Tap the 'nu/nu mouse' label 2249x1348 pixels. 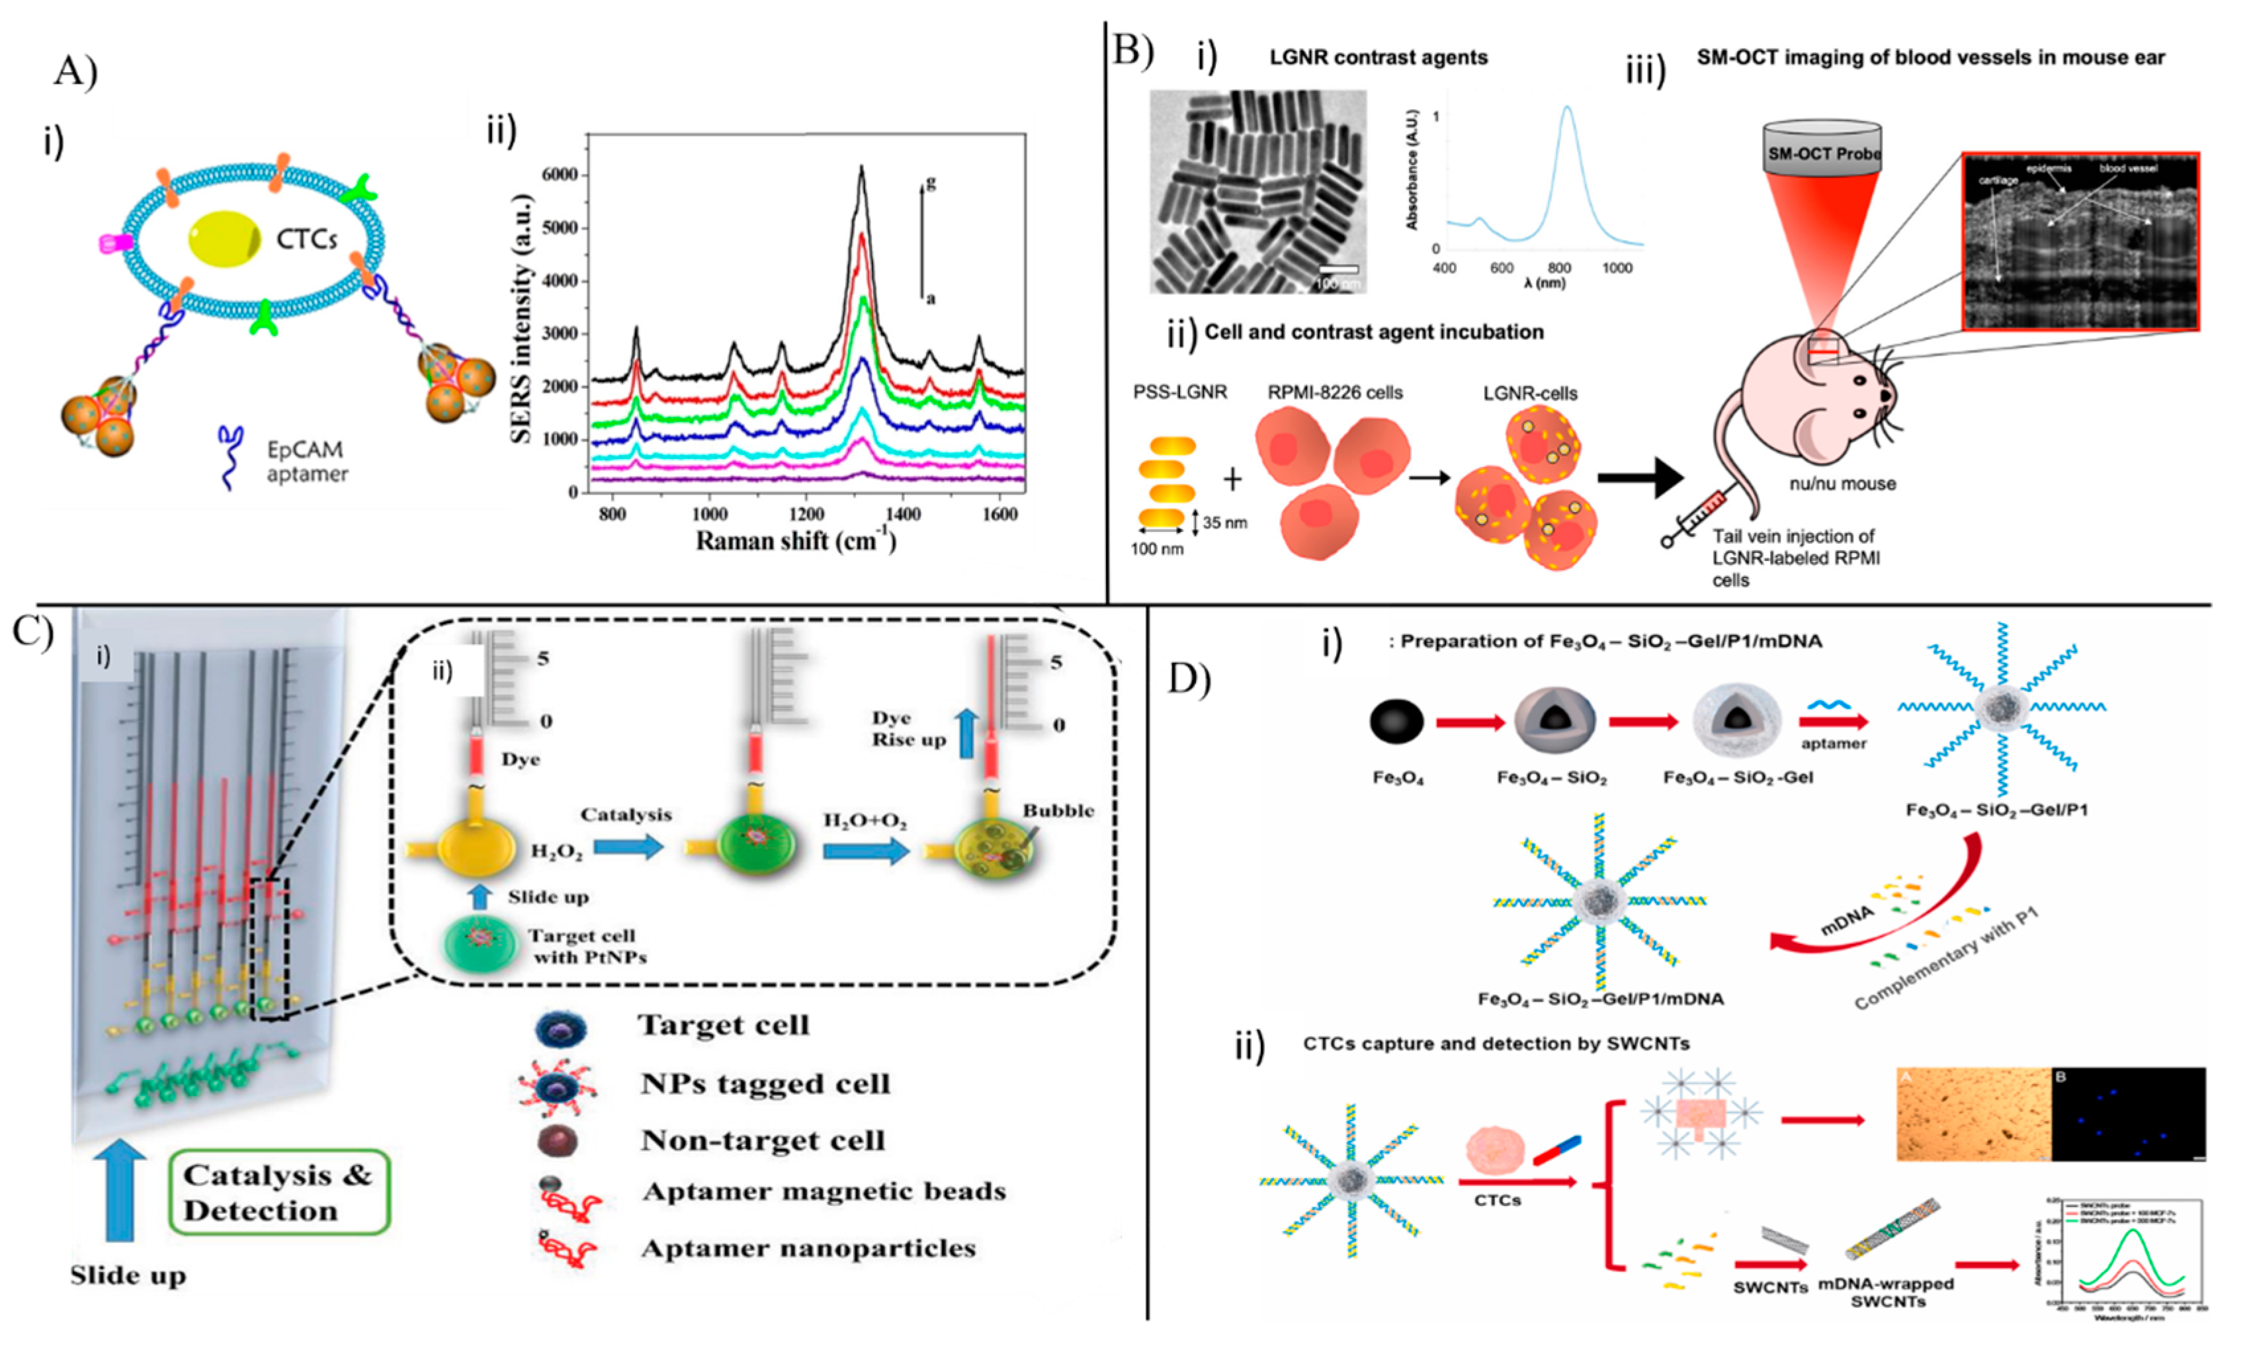[1842, 484]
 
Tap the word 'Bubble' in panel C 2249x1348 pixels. [1058, 810]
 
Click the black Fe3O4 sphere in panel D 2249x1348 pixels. [1397, 722]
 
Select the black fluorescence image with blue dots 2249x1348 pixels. [2128, 1114]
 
